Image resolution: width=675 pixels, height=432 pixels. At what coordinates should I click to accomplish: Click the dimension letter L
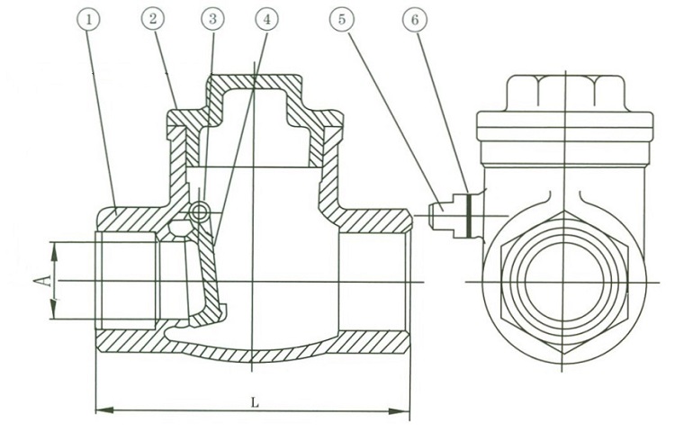[255, 402]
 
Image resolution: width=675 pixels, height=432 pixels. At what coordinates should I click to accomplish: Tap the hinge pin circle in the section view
[201, 211]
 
